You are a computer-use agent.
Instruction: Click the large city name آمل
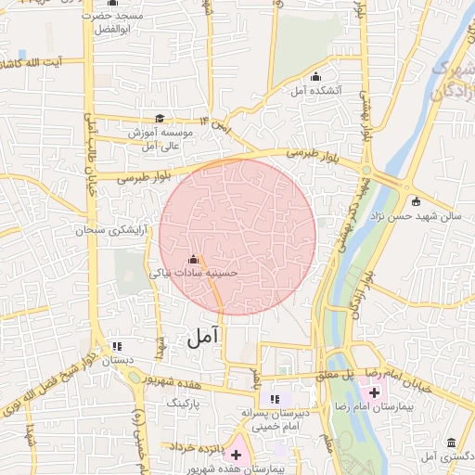pyautogui.click(x=204, y=337)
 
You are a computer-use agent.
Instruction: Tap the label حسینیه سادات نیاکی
pyautogui.click(x=194, y=274)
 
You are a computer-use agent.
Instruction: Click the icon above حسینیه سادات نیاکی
pyautogui.click(x=194, y=259)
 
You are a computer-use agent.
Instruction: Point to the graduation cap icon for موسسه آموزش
pyautogui.click(x=160, y=119)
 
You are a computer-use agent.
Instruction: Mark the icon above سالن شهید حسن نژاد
pyautogui.click(x=415, y=201)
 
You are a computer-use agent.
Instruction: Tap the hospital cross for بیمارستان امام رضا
pyautogui.click(x=362, y=393)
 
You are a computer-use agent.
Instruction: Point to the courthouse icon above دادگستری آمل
pyautogui.click(x=452, y=443)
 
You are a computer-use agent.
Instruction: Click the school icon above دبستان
pyautogui.click(x=115, y=344)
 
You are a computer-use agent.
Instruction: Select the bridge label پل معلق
pyautogui.click(x=337, y=374)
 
